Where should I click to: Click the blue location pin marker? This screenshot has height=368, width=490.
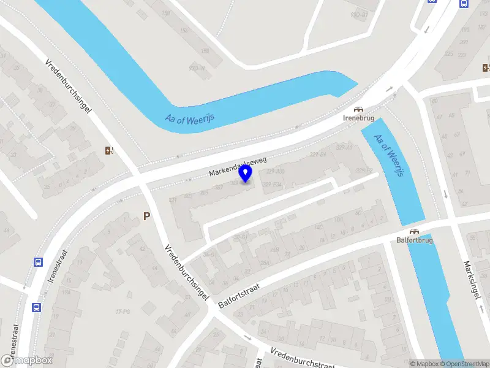point(246,174)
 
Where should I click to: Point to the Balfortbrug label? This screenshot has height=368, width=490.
point(415,240)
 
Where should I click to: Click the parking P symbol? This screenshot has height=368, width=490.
point(146,216)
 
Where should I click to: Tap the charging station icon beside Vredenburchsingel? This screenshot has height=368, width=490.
point(110,150)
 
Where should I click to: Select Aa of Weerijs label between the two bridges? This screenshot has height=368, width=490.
point(390,156)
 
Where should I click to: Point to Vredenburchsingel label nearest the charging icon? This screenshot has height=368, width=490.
point(69,86)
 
